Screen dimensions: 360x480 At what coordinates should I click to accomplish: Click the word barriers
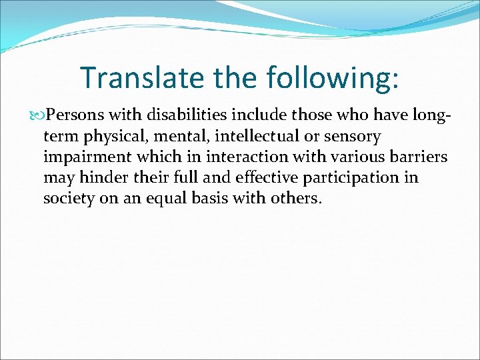(x=419, y=157)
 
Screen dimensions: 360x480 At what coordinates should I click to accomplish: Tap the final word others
(x=295, y=199)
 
